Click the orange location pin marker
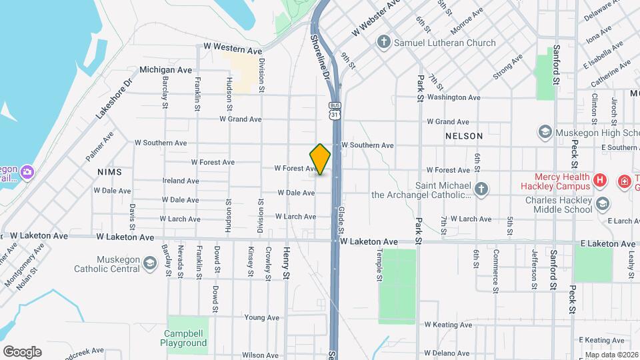pyautogui.click(x=320, y=159)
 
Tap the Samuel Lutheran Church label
pyautogui.click(x=446, y=43)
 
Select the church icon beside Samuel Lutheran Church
pyautogui.click(x=383, y=43)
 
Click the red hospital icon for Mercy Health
pyautogui.click(x=600, y=179)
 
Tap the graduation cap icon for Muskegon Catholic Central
pyautogui.click(x=151, y=265)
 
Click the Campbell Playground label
pyautogui.click(x=183, y=338)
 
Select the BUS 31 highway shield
pyautogui.click(x=335, y=111)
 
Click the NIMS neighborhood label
pyautogui.click(x=110, y=172)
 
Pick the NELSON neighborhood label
pyautogui.click(x=464, y=136)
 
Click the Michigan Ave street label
pyautogui.click(x=166, y=69)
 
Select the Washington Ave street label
pyautogui.click(x=453, y=97)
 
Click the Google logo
pyautogui.click(x=22, y=351)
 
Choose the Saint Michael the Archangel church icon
pyautogui.click(x=480, y=189)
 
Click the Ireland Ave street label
pyautogui.click(x=180, y=181)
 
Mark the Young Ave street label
pyautogui.click(x=261, y=318)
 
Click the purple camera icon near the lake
pyautogui.click(x=27, y=172)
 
